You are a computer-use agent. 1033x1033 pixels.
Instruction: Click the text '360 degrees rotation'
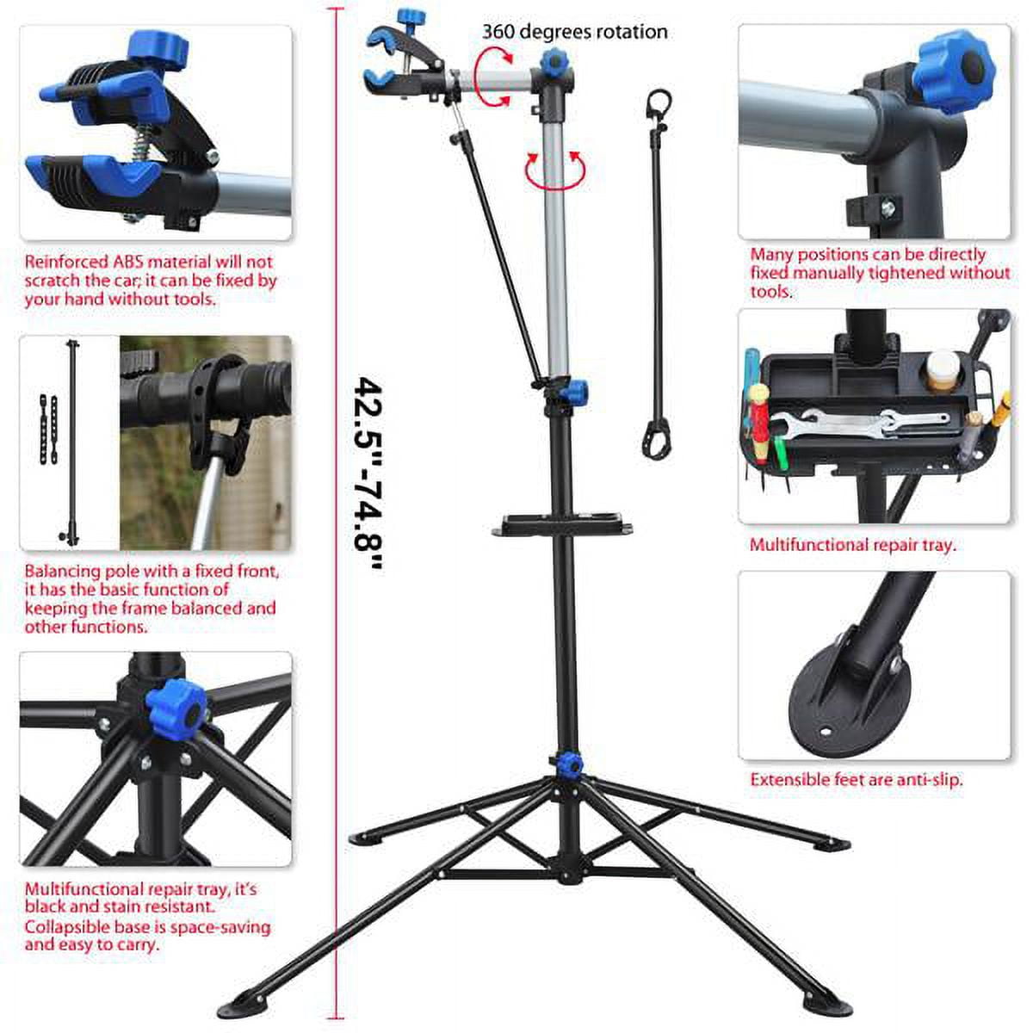pyautogui.click(x=574, y=32)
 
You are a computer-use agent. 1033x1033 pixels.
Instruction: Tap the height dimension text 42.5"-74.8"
pyautogui.click(x=369, y=473)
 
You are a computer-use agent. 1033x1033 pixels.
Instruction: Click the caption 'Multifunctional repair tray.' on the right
pyautogui.click(x=852, y=545)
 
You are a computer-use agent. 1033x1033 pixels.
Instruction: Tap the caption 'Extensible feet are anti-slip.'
pyautogui.click(x=856, y=780)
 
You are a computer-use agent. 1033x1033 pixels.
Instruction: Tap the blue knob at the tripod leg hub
pyautogui.click(x=567, y=764)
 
